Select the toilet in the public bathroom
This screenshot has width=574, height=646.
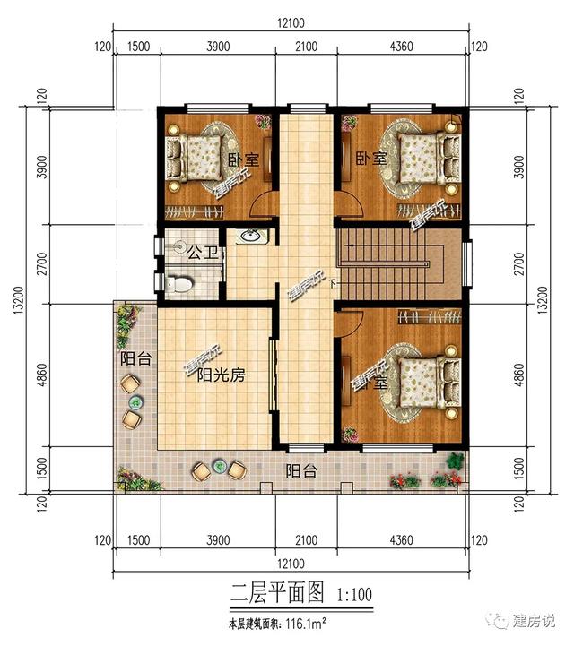[x=182, y=283]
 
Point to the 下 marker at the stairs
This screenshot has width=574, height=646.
[x=333, y=284]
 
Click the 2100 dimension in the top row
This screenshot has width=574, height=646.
[x=305, y=47]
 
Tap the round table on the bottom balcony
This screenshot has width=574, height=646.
[x=219, y=467]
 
